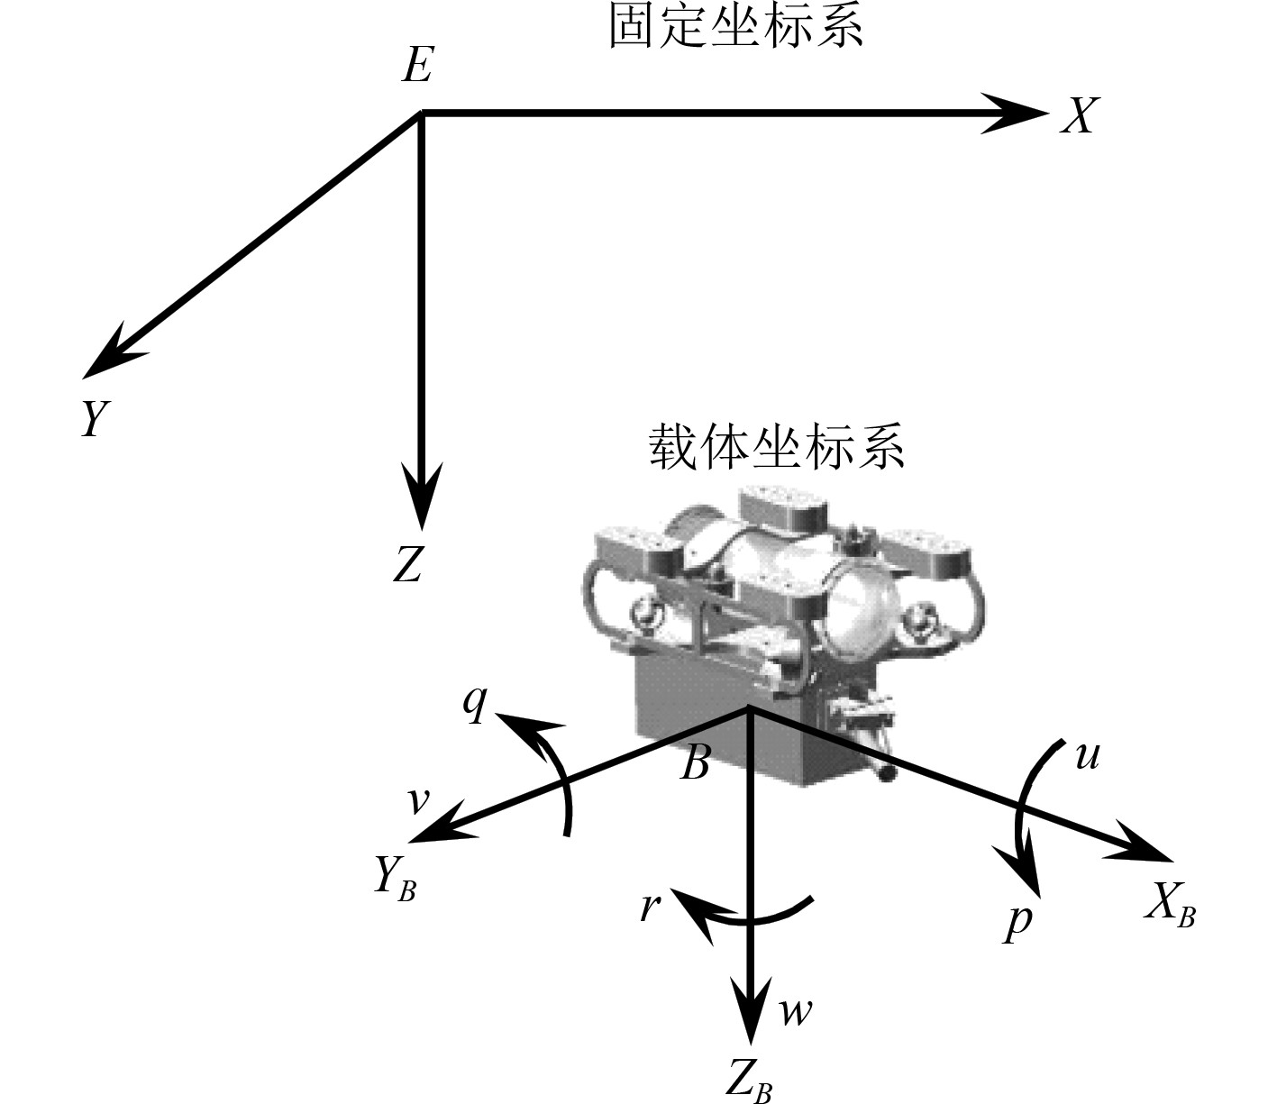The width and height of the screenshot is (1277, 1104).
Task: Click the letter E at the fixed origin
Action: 417,65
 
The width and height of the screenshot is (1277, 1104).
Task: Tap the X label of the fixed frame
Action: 1078,115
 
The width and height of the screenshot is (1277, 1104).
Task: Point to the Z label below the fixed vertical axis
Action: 408,565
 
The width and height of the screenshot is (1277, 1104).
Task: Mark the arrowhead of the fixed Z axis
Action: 421,496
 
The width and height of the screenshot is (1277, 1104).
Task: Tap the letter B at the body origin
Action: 695,764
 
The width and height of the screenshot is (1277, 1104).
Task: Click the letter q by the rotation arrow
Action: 474,707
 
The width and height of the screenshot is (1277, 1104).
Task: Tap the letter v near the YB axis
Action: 415,801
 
